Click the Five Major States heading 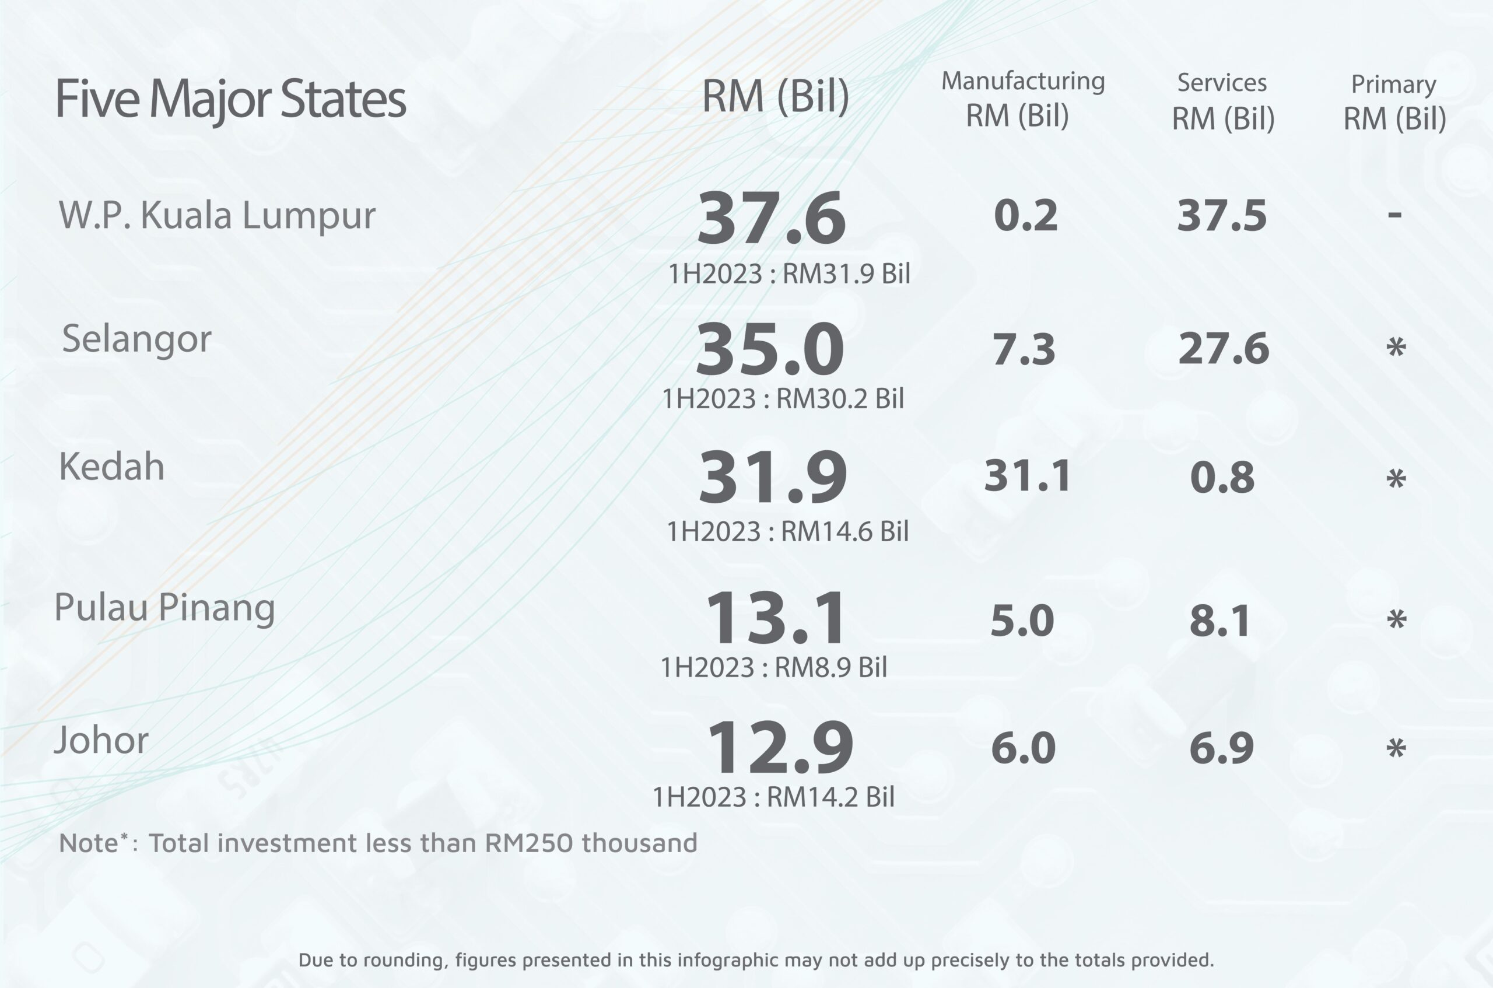tap(230, 100)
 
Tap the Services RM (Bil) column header tap(1222, 101)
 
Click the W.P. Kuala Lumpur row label tap(217, 215)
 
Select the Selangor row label tap(136, 339)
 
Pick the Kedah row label tap(111, 467)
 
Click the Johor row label tap(101, 740)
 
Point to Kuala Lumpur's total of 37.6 tap(771, 218)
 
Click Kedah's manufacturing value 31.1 tap(1027, 476)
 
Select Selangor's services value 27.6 tap(1224, 348)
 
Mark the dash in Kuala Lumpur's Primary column tap(1394, 215)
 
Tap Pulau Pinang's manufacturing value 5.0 tap(1022, 621)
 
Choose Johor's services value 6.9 tap(1221, 748)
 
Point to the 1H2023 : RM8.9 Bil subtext tap(773, 667)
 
